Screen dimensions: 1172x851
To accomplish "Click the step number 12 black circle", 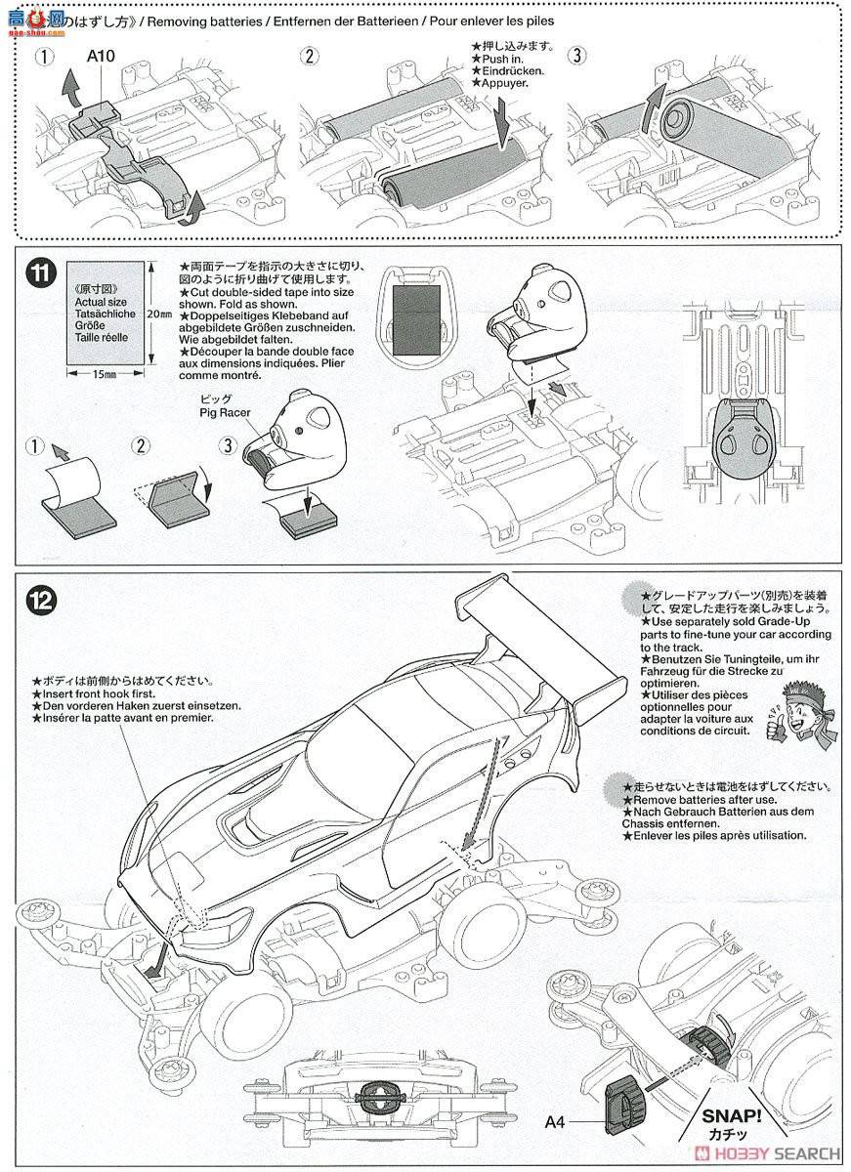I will pyautogui.click(x=40, y=596).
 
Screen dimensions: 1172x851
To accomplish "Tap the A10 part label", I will pyautogui.click(x=101, y=56).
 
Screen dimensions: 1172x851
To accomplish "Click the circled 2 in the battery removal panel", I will pyautogui.click(x=309, y=56).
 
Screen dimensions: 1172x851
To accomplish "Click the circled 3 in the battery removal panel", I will pyautogui.click(x=577, y=56).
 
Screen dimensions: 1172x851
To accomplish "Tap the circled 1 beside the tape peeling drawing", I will pyautogui.click(x=37, y=447).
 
